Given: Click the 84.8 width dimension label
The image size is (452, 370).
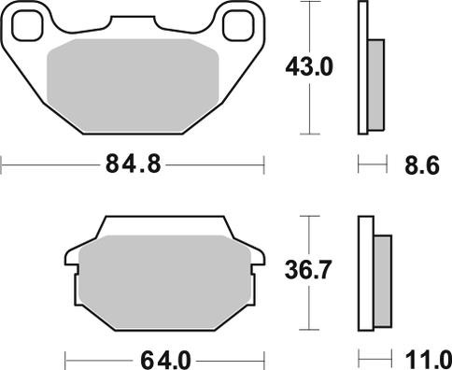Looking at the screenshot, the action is [x=134, y=164].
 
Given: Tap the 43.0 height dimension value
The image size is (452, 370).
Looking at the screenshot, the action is [x=309, y=67].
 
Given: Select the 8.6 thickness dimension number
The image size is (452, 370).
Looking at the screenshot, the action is [x=422, y=164].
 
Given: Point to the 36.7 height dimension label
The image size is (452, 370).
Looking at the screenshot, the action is [x=307, y=270].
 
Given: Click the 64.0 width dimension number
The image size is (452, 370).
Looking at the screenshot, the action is [x=165, y=361].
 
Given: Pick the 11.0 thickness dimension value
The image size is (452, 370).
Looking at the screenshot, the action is [x=429, y=361].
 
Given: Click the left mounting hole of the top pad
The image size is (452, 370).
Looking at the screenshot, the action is [x=27, y=25].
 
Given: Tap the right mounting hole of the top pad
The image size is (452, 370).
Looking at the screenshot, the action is [x=238, y=25].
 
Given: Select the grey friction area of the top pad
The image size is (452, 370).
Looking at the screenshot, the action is [x=133, y=85].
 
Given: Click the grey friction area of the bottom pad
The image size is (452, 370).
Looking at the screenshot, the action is [x=165, y=282].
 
